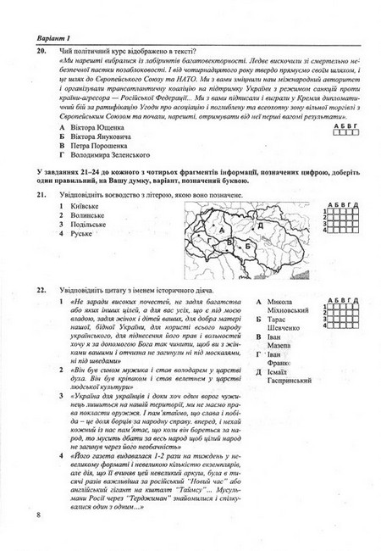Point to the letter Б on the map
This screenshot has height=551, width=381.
(247, 245)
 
